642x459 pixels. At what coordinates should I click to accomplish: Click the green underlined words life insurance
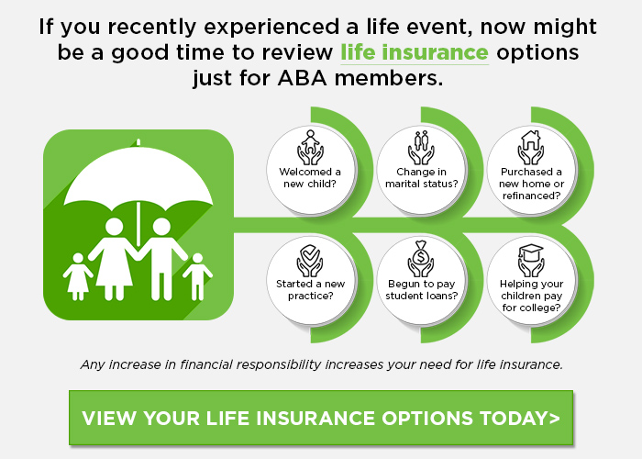click(x=414, y=50)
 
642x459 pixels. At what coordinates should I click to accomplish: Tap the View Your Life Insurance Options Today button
click(x=320, y=418)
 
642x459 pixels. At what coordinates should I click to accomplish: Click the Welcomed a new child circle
click(x=310, y=164)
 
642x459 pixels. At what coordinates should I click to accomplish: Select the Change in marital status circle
click(x=421, y=164)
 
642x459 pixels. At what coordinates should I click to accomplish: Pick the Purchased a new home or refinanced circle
click(x=531, y=164)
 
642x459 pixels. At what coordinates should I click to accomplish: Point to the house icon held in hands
click(x=531, y=146)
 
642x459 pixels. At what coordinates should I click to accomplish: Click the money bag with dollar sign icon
click(x=421, y=257)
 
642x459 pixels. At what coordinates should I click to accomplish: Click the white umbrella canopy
click(x=138, y=179)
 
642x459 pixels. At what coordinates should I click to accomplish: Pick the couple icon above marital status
click(x=421, y=146)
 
